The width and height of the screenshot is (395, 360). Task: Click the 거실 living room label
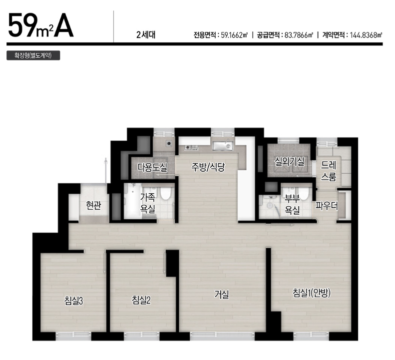tap(222, 294)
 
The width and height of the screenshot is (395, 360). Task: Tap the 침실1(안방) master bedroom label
tap(312, 293)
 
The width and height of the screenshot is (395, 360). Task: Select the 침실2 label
tap(141, 300)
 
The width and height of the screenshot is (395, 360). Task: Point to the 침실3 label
tap(73, 301)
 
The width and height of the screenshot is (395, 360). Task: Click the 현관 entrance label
tap(93, 206)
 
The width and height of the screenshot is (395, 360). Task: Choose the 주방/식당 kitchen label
tap(208, 167)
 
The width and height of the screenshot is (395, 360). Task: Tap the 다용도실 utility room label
tap(152, 167)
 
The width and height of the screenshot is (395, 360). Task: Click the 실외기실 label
tap(290, 161)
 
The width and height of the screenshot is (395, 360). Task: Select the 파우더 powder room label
tap(327, 206)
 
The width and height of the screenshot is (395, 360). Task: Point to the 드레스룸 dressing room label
tap(329, 171)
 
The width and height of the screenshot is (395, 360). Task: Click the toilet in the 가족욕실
tap(166, 193)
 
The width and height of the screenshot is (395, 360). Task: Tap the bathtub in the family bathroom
tap(132, 201)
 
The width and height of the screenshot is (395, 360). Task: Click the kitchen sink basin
tap(223, 146)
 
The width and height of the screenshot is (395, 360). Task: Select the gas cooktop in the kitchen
tap(191, 147)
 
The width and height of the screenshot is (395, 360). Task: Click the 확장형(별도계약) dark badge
tap(33, 55)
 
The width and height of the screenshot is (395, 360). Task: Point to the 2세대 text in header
tap(146, 35)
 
